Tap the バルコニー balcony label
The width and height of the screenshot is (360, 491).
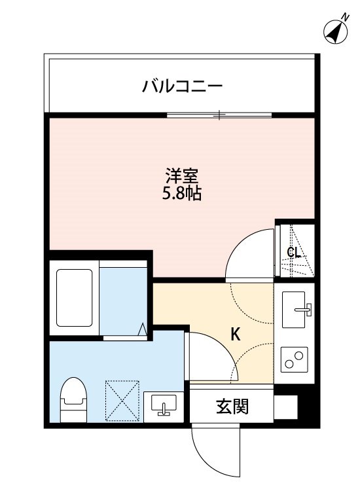[183, 86]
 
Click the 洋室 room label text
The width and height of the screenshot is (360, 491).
[182, 176]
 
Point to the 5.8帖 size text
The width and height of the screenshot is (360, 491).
[182, 194]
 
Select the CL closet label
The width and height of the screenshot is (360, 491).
[294, 253]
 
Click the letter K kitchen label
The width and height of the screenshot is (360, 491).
[236, 335]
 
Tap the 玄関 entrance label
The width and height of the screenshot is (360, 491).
[231, 407]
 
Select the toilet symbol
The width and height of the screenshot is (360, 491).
[73, 399]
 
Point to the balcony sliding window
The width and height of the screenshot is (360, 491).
[219, 115]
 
